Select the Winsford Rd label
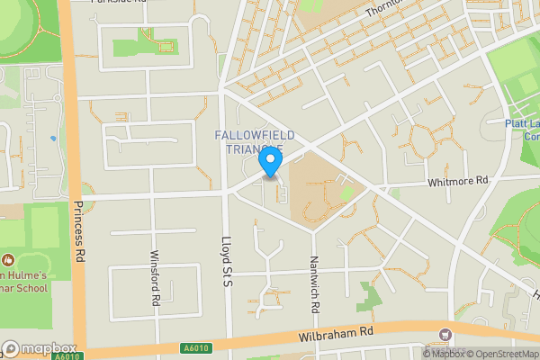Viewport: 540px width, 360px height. pos(155,278)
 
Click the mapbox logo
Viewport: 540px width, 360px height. pos(39,349)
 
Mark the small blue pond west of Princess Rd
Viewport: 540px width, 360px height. pos(53,138)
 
